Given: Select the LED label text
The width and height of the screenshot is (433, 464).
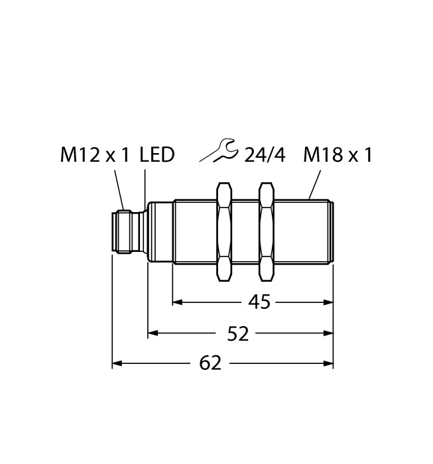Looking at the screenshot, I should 157,155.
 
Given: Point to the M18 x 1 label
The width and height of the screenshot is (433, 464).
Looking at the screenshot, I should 338,155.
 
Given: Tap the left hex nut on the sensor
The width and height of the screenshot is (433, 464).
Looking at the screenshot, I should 225,233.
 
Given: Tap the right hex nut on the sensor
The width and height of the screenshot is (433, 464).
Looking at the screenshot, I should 267,233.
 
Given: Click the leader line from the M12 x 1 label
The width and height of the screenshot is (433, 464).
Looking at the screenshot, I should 119,190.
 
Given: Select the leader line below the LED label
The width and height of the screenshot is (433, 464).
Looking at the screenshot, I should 145,187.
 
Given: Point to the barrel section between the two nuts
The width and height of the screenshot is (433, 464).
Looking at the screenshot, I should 245,233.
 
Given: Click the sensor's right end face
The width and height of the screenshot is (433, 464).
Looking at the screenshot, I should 331,233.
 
